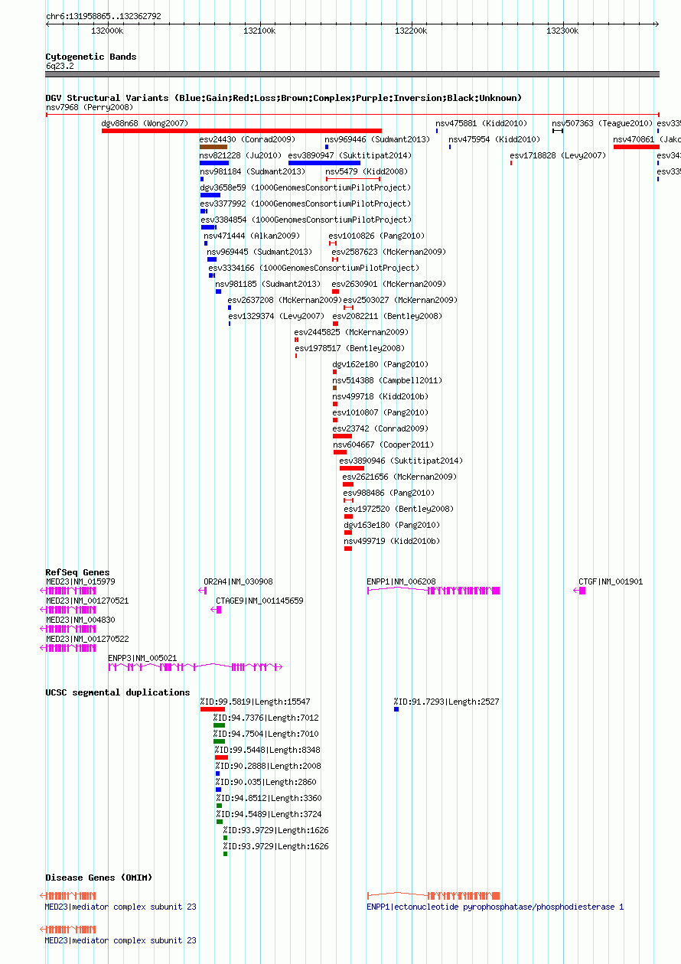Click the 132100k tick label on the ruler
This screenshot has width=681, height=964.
tap(259, 31)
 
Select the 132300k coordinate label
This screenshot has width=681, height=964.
tap(562, 31)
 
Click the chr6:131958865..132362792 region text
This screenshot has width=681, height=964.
tap(103, 16)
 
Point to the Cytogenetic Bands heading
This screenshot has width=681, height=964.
tap(91, 57)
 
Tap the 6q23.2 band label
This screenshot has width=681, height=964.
tap(60, 67)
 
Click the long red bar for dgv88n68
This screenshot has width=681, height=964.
tap(242, 131)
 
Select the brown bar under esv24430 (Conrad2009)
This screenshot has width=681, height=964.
tap(213, 147)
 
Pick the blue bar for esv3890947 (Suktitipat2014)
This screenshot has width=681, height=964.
tap(324, 163)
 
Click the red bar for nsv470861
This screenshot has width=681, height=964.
tap(636, 147)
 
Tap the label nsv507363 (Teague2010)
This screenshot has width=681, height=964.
tap(601, 123)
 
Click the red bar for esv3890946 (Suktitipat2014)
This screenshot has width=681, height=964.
tap(352, 468)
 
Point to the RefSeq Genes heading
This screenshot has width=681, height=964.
tap(77, 572)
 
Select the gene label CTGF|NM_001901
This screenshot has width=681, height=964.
tap(611, 581)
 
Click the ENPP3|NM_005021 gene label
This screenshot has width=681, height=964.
tap(142, 659)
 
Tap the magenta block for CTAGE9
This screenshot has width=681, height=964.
tap(219, 610)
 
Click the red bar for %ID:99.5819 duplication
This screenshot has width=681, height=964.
tap(213, 709)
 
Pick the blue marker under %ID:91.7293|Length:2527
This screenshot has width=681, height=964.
tap(396, 709)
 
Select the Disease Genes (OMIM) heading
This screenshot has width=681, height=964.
tap(99, 878)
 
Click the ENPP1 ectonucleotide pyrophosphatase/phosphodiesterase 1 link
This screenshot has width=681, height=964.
tap(495, 907)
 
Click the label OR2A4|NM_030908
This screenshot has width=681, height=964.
tap(238, 581)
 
